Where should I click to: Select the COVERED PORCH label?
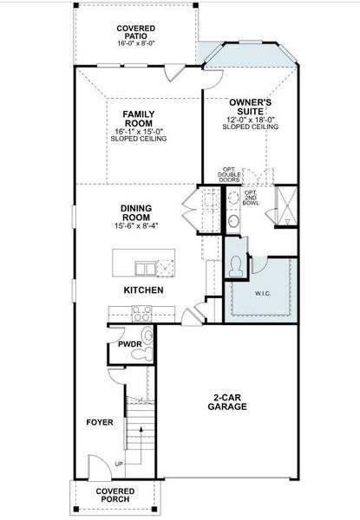click(x=115, y=496)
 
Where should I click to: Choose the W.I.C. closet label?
click(x=263, y=294)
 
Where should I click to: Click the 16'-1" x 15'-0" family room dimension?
click(x=138, y=131)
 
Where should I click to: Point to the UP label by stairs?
click(x=119, y=465)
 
